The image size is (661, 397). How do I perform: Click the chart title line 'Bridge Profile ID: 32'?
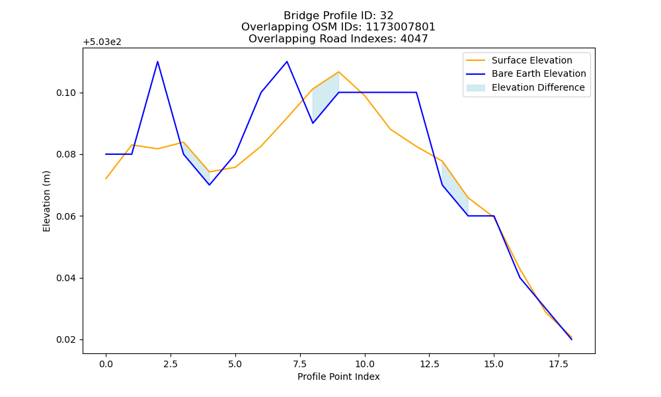[x=338, y=16]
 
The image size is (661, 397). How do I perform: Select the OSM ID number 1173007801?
[x=400, y=27]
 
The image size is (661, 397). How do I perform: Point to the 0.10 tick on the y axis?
[x=66, y=93]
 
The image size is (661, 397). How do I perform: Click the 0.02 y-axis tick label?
[x=66, y=340]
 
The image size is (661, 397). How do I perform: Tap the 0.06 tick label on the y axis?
[x=66, y=216]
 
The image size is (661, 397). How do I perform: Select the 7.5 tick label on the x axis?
[x=299, y=364]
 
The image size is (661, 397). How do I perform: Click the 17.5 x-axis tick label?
[x=559, y=364]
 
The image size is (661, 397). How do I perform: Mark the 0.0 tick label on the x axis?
[x=106, y=364]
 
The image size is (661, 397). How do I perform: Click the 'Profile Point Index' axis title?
[x=338, y=376]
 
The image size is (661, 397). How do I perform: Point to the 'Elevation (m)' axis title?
[x=46, y=201]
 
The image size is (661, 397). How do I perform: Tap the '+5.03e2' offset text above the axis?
[x=102, y=42]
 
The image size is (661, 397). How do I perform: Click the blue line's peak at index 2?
[x=158, y=62]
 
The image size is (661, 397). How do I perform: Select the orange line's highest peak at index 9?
[x=338, y=71]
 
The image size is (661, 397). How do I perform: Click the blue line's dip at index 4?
[x=209, y=185]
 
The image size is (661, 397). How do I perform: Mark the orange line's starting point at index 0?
[x=106, y=179]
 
